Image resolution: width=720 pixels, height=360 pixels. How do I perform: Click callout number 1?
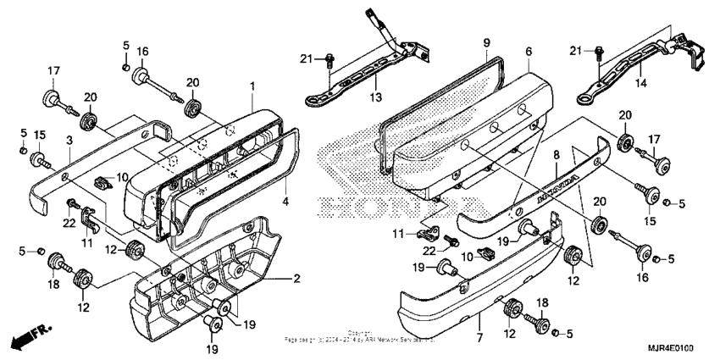(x=252, y=87)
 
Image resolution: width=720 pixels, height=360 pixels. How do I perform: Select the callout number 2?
(x=296, y=278)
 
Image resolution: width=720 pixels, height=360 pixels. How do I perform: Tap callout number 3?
(x=69, y=139)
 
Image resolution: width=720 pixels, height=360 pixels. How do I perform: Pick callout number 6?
(x=529, y=52)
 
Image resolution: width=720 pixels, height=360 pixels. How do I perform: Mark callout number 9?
(x=487, y=42)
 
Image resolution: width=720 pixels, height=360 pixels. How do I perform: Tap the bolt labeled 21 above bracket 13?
(x=330, y=60)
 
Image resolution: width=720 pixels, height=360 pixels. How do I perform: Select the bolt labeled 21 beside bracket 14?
(x=601, y=51)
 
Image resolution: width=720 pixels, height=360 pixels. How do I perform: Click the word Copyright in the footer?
(x=359, y=332)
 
